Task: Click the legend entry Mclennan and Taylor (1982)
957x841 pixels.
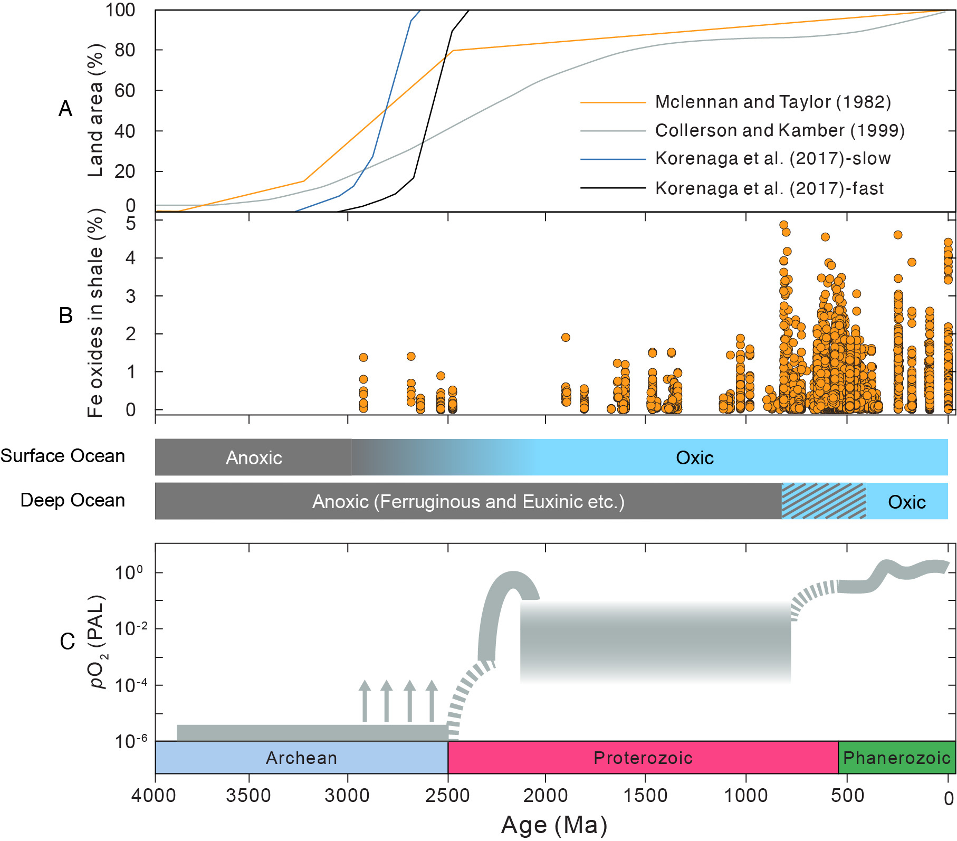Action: (772, 102)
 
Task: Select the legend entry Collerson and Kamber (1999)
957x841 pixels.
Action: (779, 130)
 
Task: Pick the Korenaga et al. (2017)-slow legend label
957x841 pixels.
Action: (772, 158)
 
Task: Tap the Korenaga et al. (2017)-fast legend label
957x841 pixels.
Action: (769, 188)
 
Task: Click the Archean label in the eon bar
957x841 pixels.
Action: (301, 758)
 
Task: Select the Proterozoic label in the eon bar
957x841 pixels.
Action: (643, 758)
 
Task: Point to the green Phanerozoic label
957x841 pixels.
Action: (896, 758)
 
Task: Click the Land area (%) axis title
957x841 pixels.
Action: (95, 111)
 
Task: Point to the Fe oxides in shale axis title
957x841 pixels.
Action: (95, 313)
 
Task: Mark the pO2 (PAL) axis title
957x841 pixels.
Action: (97, 642)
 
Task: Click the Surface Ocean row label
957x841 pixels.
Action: (63, 456)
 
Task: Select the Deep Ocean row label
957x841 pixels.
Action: (73, 500)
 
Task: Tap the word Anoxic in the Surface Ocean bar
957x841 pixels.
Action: (254, 458)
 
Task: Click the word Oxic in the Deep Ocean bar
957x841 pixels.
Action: (906, 502)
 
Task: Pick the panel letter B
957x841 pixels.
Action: (65, 316)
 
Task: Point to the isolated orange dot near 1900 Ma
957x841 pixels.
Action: (566, 338)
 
